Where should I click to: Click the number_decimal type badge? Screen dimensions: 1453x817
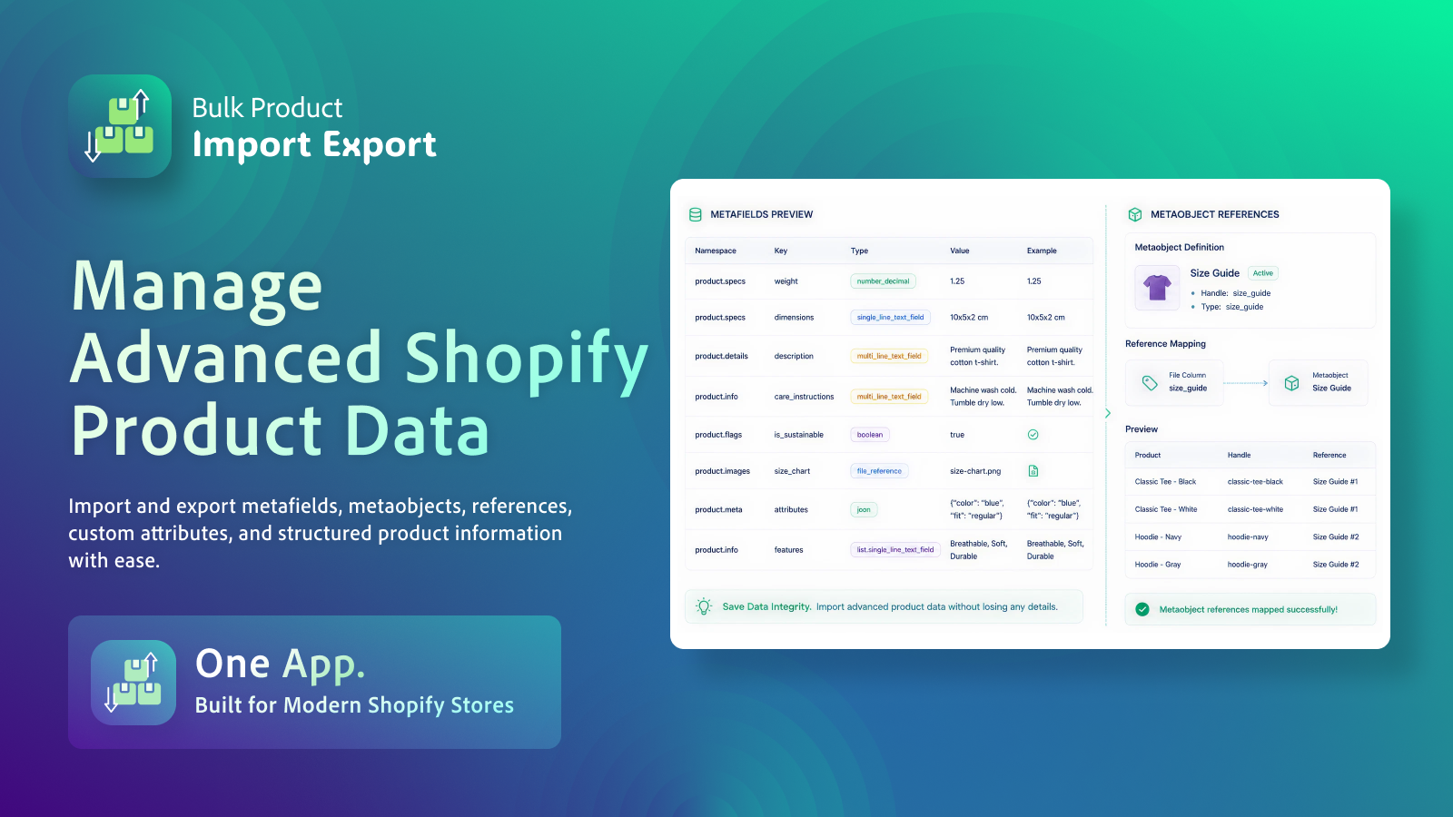[x=883, y=281]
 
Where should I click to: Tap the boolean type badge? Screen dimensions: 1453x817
[x=869, y=435]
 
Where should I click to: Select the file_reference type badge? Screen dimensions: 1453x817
[x=879, y=471]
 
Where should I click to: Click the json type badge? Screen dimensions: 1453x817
[x=864, y=509]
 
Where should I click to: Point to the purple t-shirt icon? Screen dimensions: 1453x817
[x=1157, y=287]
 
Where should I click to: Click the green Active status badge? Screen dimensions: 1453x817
[x=1263, y=273]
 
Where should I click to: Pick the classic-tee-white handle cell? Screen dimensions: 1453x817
[x=1255, y=509]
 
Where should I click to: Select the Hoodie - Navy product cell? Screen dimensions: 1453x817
[x=1158, y=536]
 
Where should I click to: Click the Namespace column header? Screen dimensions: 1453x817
[x=716, y=251]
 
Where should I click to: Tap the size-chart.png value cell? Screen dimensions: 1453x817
[x=975, y=471]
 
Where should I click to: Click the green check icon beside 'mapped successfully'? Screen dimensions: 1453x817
[x=1142, y=609]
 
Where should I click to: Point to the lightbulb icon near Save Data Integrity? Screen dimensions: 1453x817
[x=704, y=606]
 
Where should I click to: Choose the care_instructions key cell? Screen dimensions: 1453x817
[x=804, y=397]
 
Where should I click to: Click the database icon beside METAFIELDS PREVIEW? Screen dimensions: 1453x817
[x=696, y=214]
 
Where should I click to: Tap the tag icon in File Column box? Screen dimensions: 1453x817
[x=1150, y=383]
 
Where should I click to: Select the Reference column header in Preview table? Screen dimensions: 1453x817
[x=1329, y=455]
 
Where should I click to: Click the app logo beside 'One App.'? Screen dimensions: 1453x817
[x=133, y=682]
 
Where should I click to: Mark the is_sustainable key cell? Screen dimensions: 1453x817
[x=798, y=435]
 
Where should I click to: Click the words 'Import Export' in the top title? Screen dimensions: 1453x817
[x=314, y=144]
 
